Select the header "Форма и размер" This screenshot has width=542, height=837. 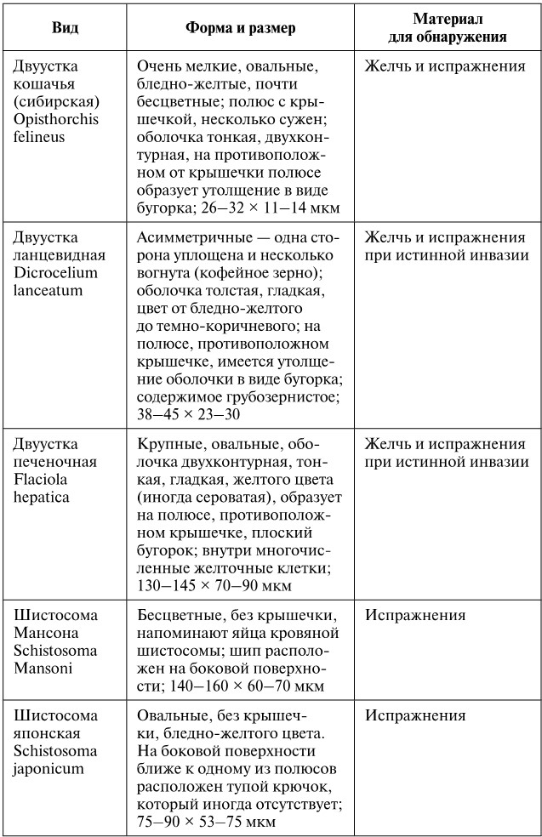241,28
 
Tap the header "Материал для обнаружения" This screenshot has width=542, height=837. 448,28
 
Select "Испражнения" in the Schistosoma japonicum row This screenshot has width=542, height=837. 415,715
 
